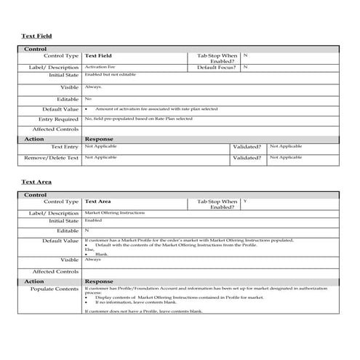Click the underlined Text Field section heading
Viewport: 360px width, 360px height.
coord(36,36)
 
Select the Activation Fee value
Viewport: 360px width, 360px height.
coord(100,67)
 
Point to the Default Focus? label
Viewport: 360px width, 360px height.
coord(217,67)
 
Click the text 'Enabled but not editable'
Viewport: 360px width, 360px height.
coord(110,74)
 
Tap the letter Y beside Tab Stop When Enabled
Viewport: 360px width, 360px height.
coord(245,200)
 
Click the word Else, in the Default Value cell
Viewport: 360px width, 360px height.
coord(89,249)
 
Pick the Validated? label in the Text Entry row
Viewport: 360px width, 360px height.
coord(247,146)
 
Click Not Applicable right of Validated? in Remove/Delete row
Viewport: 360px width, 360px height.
coord(286,156)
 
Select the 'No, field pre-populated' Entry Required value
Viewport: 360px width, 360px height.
coord(138,118)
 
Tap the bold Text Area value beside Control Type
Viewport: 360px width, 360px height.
coord(98,201)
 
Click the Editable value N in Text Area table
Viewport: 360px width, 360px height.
coord(87,230)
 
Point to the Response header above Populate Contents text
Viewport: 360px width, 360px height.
coord(99,281)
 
